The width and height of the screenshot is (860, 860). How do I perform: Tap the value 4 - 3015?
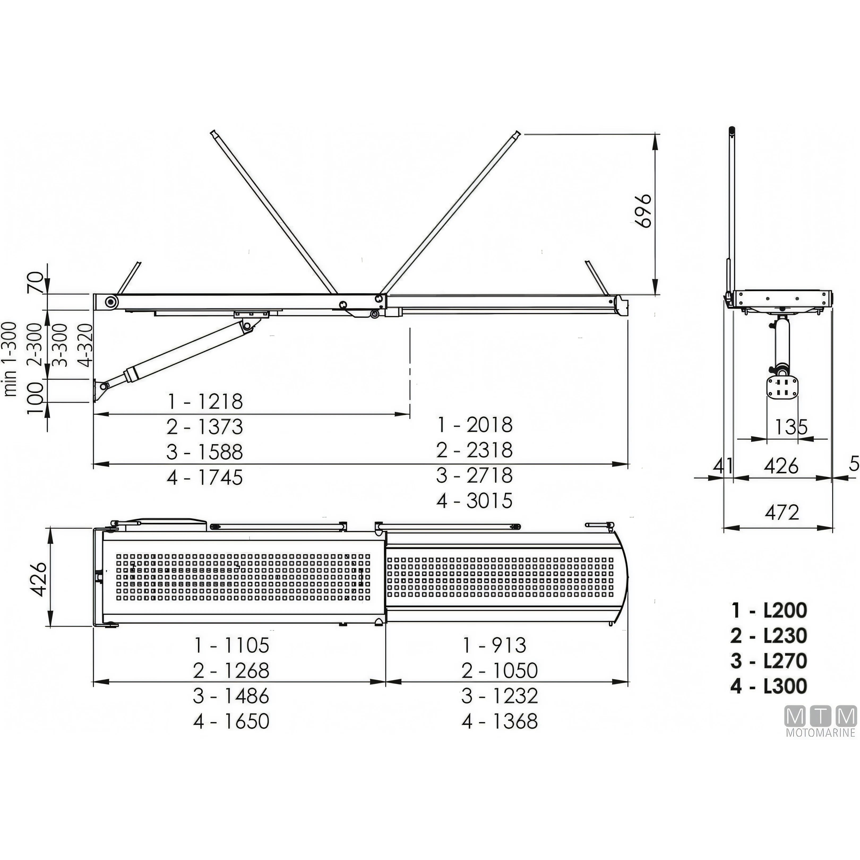click(475, 500)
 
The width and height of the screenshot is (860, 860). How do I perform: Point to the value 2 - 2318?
click(475, 450)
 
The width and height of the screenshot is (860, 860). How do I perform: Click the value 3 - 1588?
click(205, 452)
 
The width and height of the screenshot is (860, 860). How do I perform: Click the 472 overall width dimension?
click(782, 512)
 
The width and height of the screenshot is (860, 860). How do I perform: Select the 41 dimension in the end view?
click(723, 466)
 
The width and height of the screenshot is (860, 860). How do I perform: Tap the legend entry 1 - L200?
click(769, 610)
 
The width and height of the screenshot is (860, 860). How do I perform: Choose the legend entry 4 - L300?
click(769, 686)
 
